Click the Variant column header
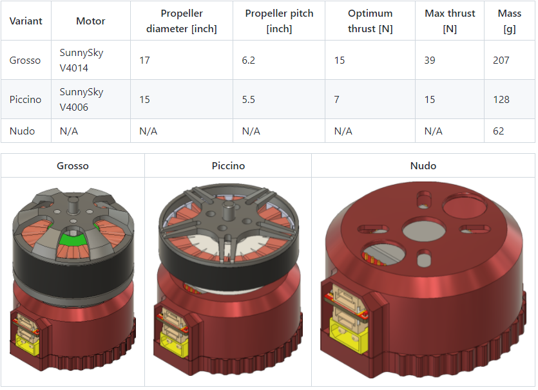[26, 21]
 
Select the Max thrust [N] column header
[450, 21]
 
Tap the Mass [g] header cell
[510, 21]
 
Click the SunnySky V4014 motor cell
[81, 60]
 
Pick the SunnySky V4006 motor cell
[81, 99]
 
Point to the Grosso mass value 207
[501, 60]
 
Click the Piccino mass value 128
[501, 100]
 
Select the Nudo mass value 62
[498, 131]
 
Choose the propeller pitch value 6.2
[249, 60]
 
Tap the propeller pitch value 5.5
[249, 100]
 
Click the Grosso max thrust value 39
[430, 60]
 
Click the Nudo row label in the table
[22, 131]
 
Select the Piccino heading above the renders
[228, 166]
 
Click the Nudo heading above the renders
[423, 166]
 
